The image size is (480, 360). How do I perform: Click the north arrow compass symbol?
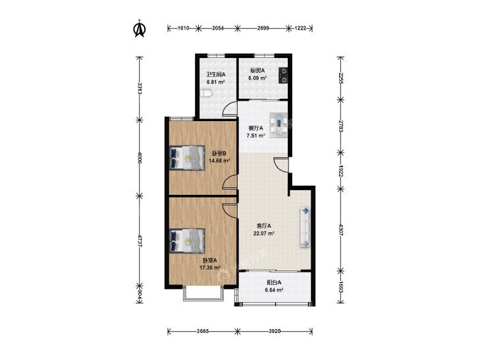[140, 28]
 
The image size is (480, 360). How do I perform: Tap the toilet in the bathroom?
[205, 93]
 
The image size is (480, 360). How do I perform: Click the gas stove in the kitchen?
[284, 76]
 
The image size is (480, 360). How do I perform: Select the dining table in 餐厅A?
[279, 126]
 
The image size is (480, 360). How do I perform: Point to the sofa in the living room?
[306, 226]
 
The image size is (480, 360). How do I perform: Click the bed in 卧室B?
[187, 157]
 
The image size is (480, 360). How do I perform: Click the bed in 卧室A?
[187, 241]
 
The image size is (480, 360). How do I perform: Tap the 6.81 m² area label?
[216, 82]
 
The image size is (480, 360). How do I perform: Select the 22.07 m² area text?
[263, 234]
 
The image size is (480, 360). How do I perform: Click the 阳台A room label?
[274, 282]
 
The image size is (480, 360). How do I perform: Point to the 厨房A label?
[257, 70]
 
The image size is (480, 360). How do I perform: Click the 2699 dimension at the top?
[263, 28]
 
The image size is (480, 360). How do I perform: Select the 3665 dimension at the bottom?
[202, 331]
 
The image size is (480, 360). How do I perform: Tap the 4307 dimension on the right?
[341, 230]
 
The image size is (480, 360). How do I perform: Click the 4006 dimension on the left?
[140, 158]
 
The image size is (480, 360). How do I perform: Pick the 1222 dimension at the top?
[300, 28]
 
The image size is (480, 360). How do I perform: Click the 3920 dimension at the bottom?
[275, 331]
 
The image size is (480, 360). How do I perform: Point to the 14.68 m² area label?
[219, 161]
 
